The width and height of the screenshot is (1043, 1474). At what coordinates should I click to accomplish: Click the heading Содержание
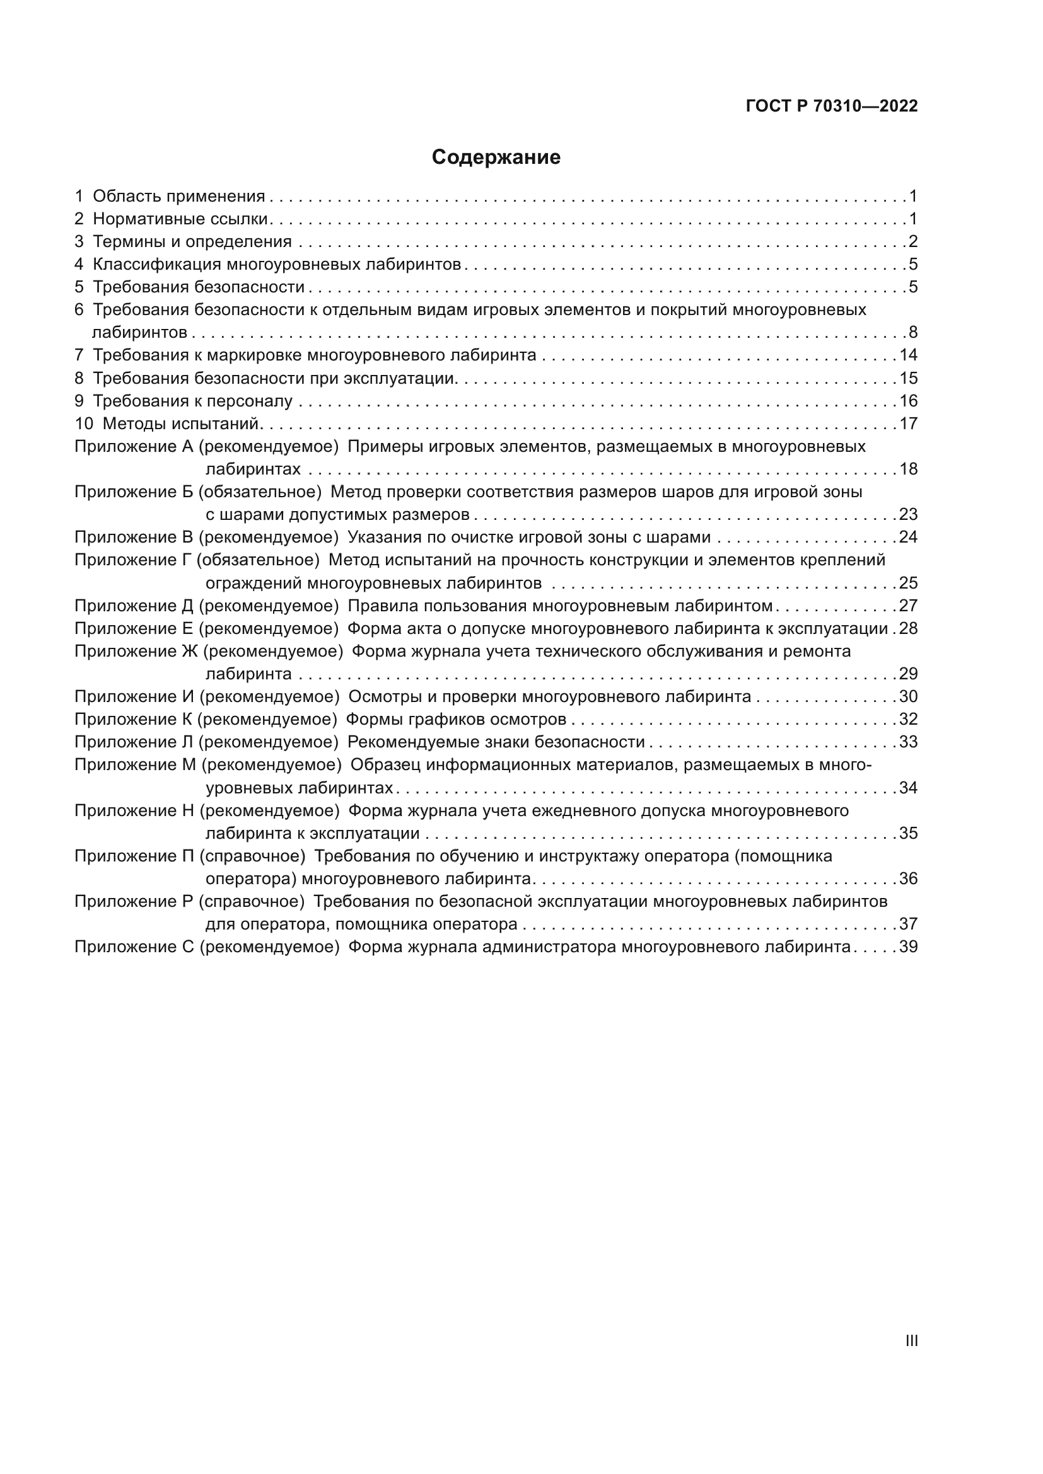point(496,158)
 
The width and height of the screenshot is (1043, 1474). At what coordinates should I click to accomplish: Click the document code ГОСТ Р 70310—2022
point(832,107)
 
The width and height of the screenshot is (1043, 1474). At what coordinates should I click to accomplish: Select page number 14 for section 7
point(908,355)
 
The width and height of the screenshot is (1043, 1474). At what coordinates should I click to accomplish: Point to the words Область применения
point(178,197)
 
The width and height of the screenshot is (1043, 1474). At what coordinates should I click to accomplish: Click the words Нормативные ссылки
point(180,219)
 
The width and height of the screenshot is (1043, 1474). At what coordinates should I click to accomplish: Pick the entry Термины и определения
point(192,242)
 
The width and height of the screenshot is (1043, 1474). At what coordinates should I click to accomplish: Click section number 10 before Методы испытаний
point(83,423)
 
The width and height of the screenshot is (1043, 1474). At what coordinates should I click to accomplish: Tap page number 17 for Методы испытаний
point(908,423)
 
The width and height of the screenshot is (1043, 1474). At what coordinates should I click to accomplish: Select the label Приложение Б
point(134,492)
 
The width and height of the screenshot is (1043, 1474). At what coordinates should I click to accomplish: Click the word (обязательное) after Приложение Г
point(257,560)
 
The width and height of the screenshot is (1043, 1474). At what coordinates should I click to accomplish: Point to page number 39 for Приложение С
point(908,947)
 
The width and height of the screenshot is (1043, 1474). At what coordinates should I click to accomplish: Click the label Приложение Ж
point(136,652)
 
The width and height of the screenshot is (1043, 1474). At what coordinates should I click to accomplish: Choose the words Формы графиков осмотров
point(456,719)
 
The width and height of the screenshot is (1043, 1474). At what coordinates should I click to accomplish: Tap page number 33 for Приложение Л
point(908,742)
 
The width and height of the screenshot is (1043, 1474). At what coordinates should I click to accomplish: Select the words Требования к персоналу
point(193,401)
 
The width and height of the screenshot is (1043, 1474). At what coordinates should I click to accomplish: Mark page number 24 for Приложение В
point(908,538)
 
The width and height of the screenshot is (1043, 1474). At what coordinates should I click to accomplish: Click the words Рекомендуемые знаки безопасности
point(496,742)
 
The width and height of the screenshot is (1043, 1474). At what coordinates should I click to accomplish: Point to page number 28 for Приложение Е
point(908,628)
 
